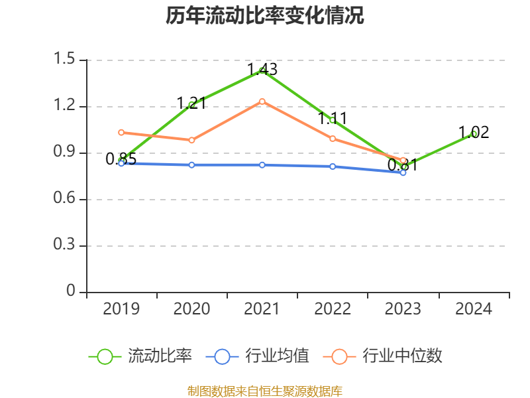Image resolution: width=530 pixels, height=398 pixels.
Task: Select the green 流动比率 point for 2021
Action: pos(262,70)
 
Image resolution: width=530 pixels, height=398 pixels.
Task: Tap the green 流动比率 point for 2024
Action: pos(473,134)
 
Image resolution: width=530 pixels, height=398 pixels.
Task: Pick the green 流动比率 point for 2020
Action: pos(191,104)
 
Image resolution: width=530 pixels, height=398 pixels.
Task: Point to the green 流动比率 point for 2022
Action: pos(333,120)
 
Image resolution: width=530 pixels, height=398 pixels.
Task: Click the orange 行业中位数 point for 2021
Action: pos(262,101)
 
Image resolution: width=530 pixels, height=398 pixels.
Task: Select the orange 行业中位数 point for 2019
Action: pos(121,133)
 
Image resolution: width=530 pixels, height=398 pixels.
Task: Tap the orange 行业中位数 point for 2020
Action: pos(191,140)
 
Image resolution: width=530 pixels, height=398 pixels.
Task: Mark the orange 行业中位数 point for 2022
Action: pos(333,139)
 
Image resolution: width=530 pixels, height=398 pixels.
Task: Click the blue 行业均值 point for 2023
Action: pos(403,172)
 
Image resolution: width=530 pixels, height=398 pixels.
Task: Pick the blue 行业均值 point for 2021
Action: pos(262,165)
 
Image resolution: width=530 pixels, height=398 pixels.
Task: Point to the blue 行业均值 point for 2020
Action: pos(191,165)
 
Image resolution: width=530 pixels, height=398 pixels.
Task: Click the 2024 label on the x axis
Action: pos(473,309)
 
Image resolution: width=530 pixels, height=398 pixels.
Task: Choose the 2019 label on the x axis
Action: pos(121,309)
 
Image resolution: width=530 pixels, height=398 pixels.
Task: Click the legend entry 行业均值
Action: pos(277,356)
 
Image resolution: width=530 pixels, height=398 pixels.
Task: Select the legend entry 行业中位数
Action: pos(402,356)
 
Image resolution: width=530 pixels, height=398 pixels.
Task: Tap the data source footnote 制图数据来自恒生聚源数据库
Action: pos(265,391)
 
